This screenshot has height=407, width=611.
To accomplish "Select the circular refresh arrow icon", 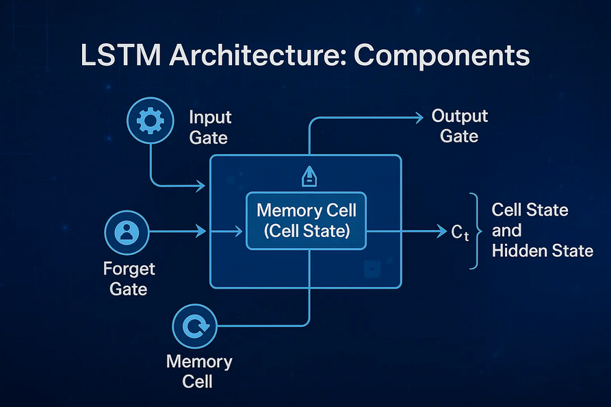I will tap(194, 326).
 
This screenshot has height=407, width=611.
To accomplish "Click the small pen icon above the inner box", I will tap(308, 178).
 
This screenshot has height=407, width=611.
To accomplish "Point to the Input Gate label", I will tap(210, 127).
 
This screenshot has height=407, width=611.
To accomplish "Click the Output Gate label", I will tap(459, 126).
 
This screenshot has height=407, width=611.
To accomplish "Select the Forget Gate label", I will tap(129, 278).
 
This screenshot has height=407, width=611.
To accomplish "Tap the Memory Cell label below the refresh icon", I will tap(199, 371).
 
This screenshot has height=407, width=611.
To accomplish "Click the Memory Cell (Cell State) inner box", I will tap(306, 221).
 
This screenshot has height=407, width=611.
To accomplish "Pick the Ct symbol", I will tap(460, 233).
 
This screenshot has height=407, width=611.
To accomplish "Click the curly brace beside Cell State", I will tap(473, 231).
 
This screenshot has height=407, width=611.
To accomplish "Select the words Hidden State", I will tap(542, 251).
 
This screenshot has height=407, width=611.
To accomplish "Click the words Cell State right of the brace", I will tap(530, 210).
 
